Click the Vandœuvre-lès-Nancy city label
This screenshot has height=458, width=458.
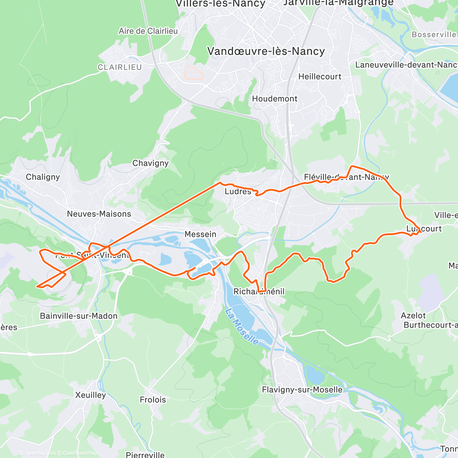[x=266, y=52]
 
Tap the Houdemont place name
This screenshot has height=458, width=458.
[x=274, y=99]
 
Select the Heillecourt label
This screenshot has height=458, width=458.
[x=320, y=77]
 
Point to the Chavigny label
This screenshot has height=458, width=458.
[x=150, y=163]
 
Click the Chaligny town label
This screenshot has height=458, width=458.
[x=43, y=177]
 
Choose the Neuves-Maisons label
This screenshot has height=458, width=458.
[x=99, y=214]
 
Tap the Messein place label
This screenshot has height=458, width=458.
[x=200, y=234]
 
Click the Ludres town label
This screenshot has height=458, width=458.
[x=238, y=192]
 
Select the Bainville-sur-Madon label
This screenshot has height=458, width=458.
[x=79, y=316]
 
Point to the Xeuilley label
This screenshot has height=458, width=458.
[x=90, y=395]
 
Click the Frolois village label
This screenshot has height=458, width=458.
[x=153, y=400]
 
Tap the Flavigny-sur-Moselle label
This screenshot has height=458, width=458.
[x=302, y=390]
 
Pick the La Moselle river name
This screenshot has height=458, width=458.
[x=242, y=327]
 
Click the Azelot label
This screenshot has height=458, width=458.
[x=413, y=316]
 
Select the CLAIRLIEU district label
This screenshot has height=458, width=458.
[x=120, y=68]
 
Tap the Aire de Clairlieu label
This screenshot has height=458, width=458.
[x=148, y=31]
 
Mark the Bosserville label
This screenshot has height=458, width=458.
[x=434, y=35]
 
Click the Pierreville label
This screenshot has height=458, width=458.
[x=145, y=455]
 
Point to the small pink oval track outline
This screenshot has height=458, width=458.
[x=194, y=72]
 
